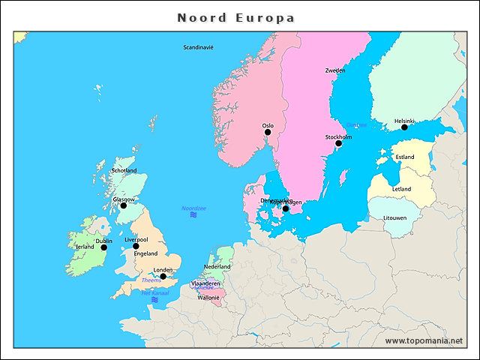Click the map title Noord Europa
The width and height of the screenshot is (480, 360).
(235, 17)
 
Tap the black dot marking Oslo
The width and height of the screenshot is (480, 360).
(268, 133)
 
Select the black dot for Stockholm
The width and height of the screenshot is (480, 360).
(338, 144)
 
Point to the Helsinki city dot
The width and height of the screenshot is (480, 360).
(404, 127)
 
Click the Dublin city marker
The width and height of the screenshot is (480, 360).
(104, 247)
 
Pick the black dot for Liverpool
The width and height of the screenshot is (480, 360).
(136, 246)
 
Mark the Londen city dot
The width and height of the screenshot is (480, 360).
(163, 277)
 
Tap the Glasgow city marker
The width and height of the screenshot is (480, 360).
(124, 205)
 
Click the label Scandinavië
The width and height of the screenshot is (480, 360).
(199, 47)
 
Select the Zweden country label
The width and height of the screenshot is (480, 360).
(335, 70)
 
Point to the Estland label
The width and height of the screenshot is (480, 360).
(404, 157)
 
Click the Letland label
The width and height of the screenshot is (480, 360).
(401, 189)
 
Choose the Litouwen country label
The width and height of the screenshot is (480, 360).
(394, 218)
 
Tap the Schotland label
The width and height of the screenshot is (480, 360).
(124, 171)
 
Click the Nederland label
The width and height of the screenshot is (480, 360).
(217, 267)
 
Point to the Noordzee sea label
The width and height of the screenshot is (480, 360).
(193, 208)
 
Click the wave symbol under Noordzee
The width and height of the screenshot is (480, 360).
(193, 215)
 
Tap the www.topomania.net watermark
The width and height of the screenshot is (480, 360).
(424, 341)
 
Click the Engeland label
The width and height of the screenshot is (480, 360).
(145, 253)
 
